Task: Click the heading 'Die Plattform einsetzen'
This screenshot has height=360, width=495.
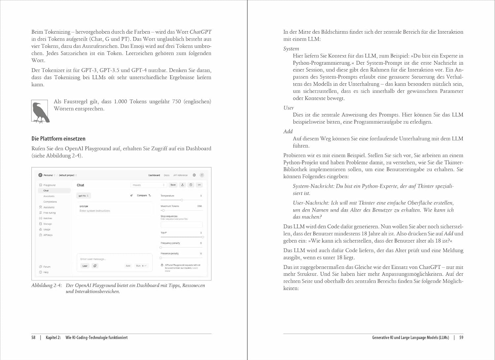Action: click(x=58, y=139)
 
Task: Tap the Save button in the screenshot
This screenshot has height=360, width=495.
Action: click(x=173, y=185)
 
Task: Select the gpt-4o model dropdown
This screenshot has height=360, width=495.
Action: click(x=83, y=196)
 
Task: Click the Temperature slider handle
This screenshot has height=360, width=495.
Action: click(x=182, y=200)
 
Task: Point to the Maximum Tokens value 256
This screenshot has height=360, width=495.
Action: click(x=199, y=206)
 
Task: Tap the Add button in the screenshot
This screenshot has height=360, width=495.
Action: click(x=128, y=266)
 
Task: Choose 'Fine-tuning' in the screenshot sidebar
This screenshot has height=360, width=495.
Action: click(x=49, y=213)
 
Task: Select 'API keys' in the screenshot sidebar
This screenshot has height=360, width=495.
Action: click(x=48, y=235)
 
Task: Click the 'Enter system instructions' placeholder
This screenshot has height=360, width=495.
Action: click(x=95, y=211)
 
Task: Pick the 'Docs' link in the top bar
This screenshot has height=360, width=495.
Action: click(x=167, y=175)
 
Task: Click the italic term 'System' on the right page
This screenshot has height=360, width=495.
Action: click(x=291, y=49)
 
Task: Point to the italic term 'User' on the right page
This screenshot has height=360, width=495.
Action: click(x=288, y=108)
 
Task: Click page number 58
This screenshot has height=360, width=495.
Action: click(x=33, y=338)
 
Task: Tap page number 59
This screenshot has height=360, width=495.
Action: click(x=461, y=338)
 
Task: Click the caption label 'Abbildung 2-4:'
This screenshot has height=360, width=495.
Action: click(x=47, y=285)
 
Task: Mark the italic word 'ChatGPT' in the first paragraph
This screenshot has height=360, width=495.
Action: click(x=200, y=32)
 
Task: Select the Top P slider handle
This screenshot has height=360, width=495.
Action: click(x=202, y=237)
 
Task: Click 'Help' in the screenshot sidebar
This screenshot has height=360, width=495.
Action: click(x=46, y=272)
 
